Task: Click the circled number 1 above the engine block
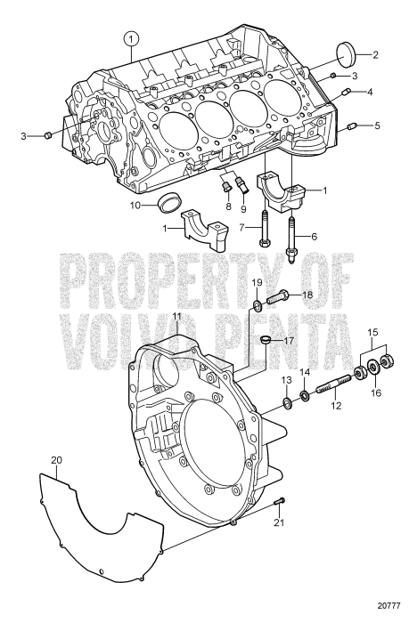(x=132, y=38)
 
